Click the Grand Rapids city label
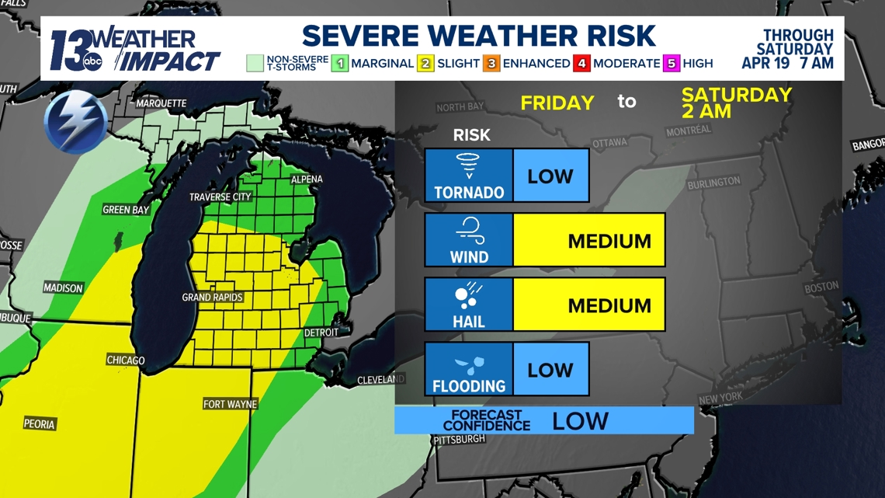click(x=212, y=298)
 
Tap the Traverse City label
click(x=220, y=197)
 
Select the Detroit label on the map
click(x=321, y=333)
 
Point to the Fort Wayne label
click(x=230, y=404)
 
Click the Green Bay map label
click(x=126, y=210)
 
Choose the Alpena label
click(x=307, y=179)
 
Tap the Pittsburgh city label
click(x=460, y=439)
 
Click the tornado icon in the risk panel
click(x=468, y=166)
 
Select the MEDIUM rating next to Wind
click(x=609, y=241)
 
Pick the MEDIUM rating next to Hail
click(x=609, y=305)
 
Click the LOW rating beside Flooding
click(x=550, y=370)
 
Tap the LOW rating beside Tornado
click(x=550, y=176)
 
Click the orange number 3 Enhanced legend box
click(x=491, y=63)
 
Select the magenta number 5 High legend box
click(x=672, y=63)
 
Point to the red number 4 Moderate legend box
click(x=582, y=63)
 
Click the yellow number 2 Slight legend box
click(x=425, y=63)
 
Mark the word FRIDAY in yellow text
click(x=557, y=103)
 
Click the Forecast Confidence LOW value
click(x=580, y=421)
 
